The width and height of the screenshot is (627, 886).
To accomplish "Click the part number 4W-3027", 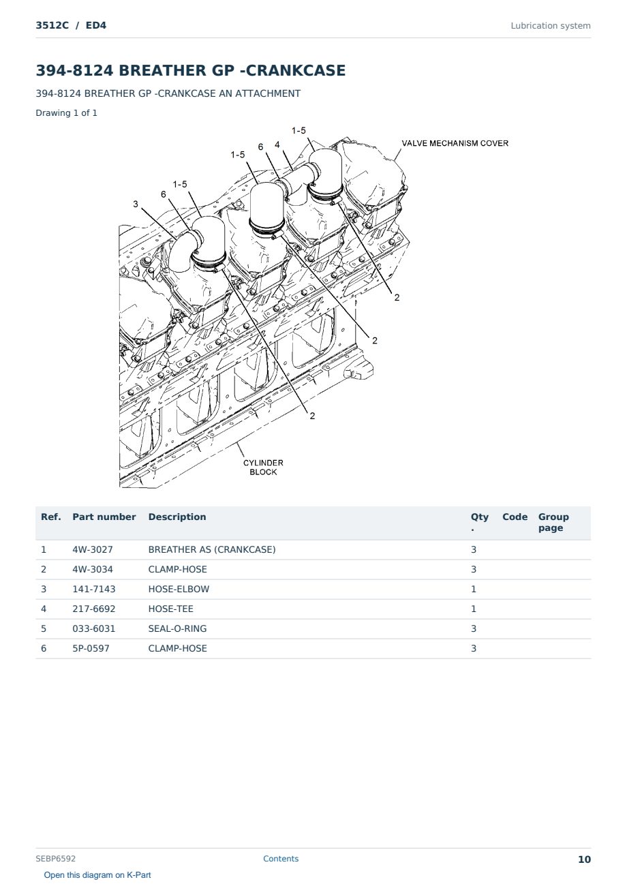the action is [93, 549].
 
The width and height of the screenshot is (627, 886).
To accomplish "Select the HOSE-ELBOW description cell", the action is [179, 589].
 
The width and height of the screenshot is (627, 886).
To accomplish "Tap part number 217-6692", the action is [94, 609].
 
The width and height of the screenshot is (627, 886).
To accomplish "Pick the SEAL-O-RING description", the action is [178, 628].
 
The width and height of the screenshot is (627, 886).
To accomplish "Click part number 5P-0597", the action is [91, 648].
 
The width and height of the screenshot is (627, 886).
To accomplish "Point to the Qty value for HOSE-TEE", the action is [474, 609].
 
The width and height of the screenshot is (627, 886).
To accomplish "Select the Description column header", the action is [177, 517].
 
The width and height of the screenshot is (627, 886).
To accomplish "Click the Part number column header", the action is [104, 517].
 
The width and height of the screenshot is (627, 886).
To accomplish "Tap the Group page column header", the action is [553, 522].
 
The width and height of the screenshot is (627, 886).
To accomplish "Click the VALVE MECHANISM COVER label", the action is [455, 143].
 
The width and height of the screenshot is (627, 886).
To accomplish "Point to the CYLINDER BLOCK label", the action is [263, 467].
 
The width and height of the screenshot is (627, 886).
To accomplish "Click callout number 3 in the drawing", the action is [136, 204].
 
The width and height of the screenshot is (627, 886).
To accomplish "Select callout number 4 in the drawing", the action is [277, 144].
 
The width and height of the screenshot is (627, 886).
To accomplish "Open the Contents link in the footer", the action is [281, 859].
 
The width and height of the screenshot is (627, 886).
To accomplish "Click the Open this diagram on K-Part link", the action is [97, 875].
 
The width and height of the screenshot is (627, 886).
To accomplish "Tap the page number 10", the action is [584, 859].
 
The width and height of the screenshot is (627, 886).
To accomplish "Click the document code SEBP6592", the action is [55, 859].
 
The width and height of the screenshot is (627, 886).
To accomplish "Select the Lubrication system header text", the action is [551, 26].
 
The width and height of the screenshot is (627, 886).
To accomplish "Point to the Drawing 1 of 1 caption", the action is [67, 112].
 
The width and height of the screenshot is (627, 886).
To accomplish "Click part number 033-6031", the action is [94, 628].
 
